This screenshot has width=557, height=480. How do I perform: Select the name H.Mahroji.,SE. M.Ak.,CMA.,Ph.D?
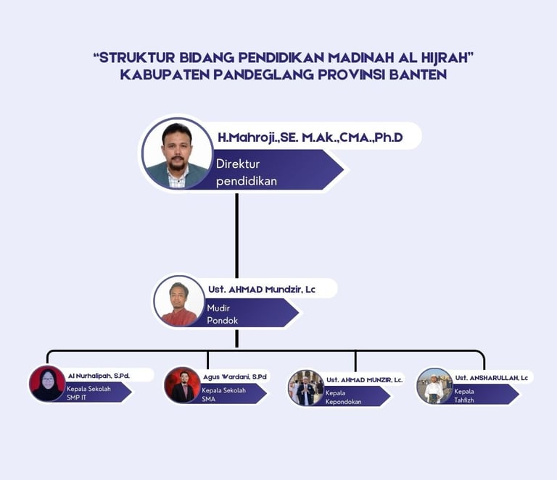310,137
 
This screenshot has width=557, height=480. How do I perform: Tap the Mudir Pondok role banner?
247,313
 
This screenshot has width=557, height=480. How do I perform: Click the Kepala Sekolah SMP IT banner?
94,393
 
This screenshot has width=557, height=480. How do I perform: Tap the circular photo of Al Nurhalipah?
47,384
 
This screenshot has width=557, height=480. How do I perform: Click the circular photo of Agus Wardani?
182,384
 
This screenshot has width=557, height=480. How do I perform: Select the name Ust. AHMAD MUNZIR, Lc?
364,379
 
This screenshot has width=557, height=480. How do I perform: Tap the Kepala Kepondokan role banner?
352,397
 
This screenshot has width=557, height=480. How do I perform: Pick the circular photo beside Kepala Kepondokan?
305,387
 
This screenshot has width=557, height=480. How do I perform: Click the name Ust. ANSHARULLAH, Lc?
492,377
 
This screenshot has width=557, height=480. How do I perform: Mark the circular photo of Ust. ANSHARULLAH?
434,386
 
